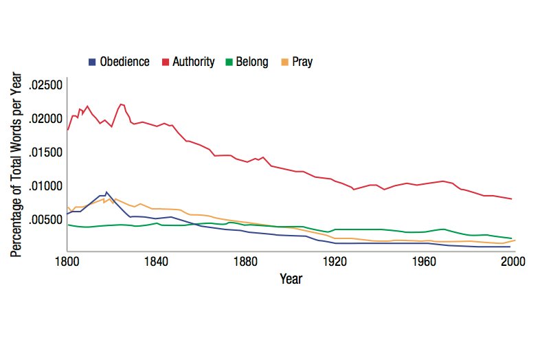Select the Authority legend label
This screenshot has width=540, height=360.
click(194, 62)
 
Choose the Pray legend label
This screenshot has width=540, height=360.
click(302, 62)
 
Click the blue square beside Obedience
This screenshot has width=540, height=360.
click(93, 62)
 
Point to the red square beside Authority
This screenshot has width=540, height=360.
click(166, 62)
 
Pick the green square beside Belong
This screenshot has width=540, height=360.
click(229, 62)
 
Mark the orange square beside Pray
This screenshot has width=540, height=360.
click(285, 62)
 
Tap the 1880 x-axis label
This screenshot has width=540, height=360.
click(246, 261)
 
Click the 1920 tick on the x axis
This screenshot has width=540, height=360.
click(335, 261)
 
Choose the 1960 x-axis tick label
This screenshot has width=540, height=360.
click(425, 261)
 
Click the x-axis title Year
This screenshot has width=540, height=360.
click(291, 279)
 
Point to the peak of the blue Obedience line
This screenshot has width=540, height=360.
click(106, 192)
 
